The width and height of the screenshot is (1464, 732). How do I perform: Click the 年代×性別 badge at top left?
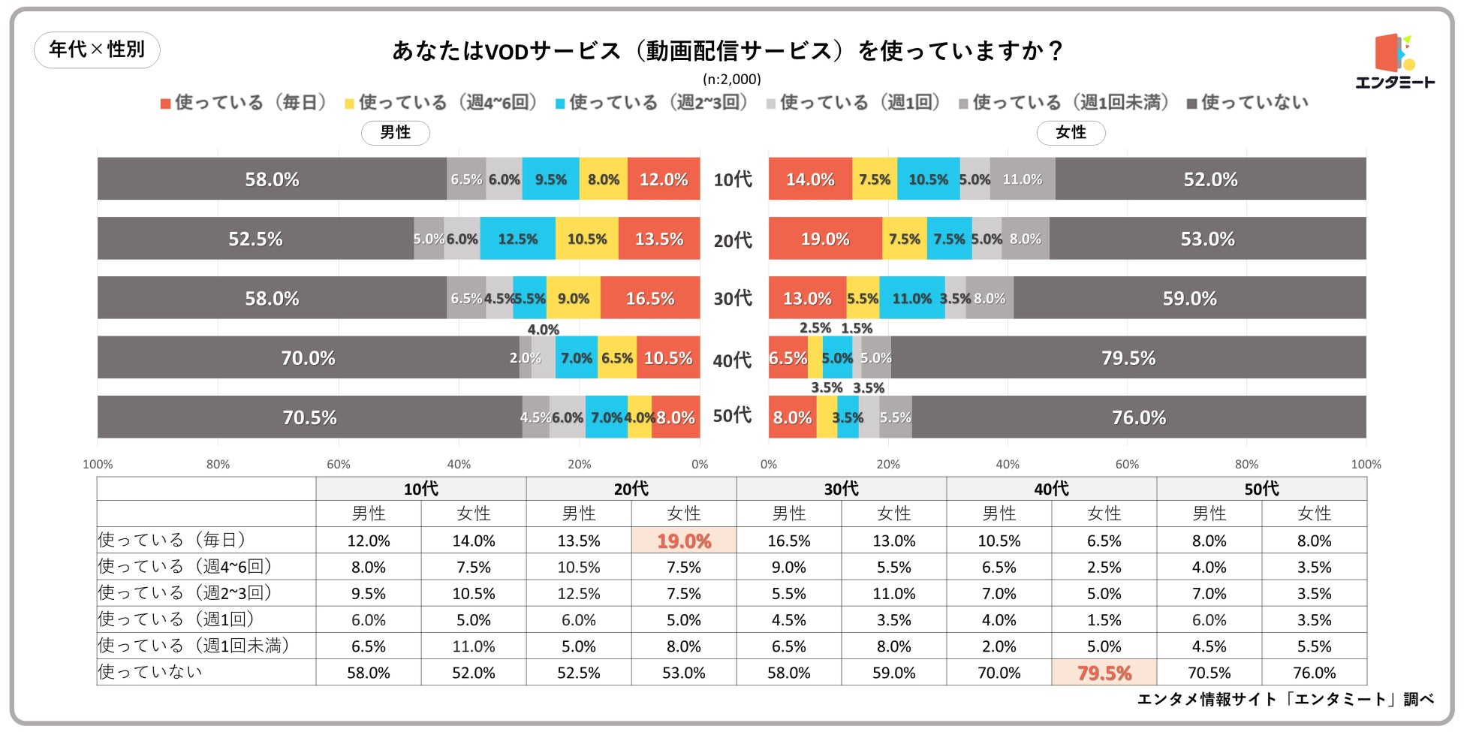(97, 50)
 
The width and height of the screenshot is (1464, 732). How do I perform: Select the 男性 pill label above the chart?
(395, 133)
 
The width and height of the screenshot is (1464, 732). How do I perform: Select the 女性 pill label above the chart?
(1071, 133)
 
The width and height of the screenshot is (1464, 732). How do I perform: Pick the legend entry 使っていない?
(1247, 103)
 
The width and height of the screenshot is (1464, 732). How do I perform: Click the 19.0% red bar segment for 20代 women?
(825, 239)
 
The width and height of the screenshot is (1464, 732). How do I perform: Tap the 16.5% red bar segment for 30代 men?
(650, 298)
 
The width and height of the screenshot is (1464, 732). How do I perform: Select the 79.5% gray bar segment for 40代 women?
(1128, 357)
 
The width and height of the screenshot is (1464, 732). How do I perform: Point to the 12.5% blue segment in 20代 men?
(518, 239)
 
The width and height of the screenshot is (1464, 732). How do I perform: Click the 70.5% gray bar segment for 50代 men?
(309, 417)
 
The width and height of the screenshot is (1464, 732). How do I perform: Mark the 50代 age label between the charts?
(733, 415)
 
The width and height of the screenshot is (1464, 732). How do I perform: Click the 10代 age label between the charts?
(733, 179)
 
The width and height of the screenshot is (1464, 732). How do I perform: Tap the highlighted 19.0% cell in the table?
(684, 541)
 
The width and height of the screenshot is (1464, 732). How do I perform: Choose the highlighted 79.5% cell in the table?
(1104, 673)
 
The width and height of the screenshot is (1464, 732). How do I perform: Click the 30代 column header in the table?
(841, 489)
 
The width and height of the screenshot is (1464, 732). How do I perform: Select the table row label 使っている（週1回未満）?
(194, 646)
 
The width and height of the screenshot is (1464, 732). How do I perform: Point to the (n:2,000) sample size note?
(731, 79)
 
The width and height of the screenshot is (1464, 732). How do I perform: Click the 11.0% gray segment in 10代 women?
(1023, 179)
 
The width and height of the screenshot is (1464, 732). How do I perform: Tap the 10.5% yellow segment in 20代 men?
(587, 239)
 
